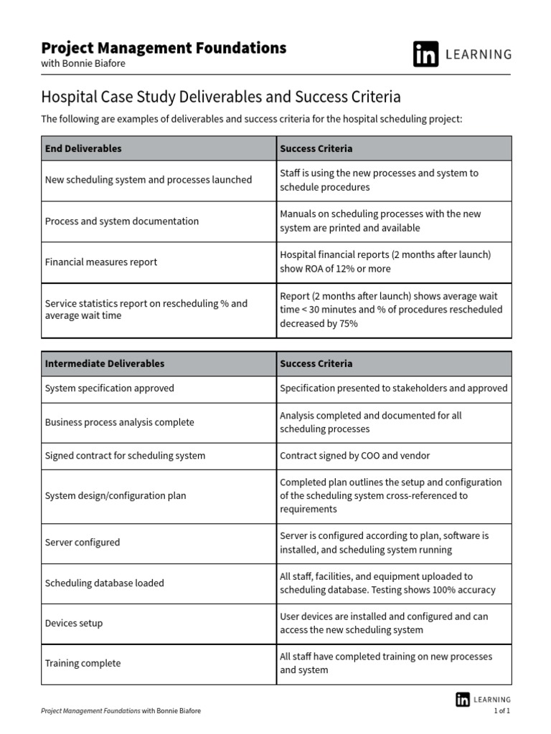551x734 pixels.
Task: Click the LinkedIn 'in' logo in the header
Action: pyautogui.click(x=425, y=54)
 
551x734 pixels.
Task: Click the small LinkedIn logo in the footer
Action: pyautogui.click(x=462, y=700)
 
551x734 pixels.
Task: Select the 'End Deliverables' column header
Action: pyautogui.click(x=83, y=148)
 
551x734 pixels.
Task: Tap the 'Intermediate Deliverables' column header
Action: pyautogui.click(x=105, y=363)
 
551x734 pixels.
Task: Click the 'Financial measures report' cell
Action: pyautogui.click(x=101, y=262)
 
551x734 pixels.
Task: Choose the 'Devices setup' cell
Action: pyautogui.click(x=74, y=624)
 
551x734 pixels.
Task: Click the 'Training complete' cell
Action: pyautogui.click(x=83, y=664)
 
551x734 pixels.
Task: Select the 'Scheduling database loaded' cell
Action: pyautogui.click(x=105, y=583)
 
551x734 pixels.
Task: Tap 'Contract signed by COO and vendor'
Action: pyautogui.click(x=355, y=456)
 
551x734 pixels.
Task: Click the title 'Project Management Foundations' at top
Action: pyautogui.click(x=164, y=48)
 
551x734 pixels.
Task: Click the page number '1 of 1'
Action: pyautogui.click(x=501, y=711)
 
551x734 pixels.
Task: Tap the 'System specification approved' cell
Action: pyautogui.click(x=110, y=389)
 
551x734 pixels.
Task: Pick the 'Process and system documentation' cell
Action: pyautogui.click(x=122, y=221)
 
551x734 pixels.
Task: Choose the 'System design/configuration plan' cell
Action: pyautogui.click(x=116, y=496)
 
